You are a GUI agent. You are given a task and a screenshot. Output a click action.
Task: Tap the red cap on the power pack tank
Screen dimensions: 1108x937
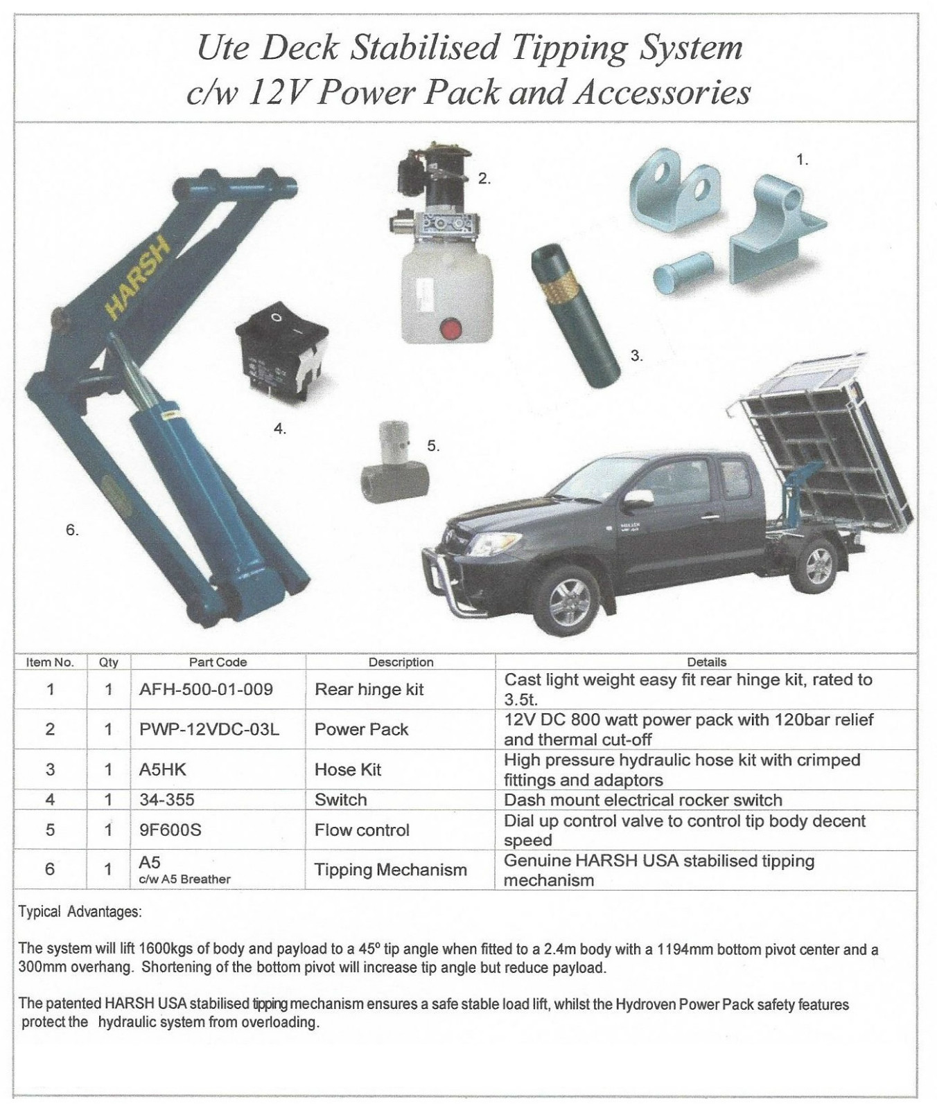pyautogui.click(x=451, y=328)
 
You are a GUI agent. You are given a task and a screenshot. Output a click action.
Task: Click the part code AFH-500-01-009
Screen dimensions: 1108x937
pyautogui.click(x=206, y=689)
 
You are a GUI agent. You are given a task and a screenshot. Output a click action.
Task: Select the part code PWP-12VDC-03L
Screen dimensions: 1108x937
pyautogui.click(x=209, y=729)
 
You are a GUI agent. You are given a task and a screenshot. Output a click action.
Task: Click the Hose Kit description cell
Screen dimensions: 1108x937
pyautogui.click(x=348, y=769)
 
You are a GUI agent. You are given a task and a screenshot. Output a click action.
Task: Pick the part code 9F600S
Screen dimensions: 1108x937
pyautogui.click(x=170, y=830)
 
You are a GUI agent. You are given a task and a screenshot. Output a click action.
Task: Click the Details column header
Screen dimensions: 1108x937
pyautogui.click(x=706, y=662)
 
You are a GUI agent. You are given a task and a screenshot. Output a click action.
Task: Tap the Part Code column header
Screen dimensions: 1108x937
pyautogui.click(x=218, y=662)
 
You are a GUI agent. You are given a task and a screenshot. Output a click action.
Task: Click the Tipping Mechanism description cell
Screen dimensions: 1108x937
pyautogui.click(x=390, y=870)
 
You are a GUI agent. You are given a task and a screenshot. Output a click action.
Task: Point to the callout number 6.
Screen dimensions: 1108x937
pyautogui.click(x=72, y=530)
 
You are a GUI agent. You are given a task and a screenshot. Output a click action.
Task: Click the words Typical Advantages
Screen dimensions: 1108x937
pyautogui.click(x=80, y=912)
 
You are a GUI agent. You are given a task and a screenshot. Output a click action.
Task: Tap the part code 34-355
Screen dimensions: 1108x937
pyautogui.click(x=167, y=800)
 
